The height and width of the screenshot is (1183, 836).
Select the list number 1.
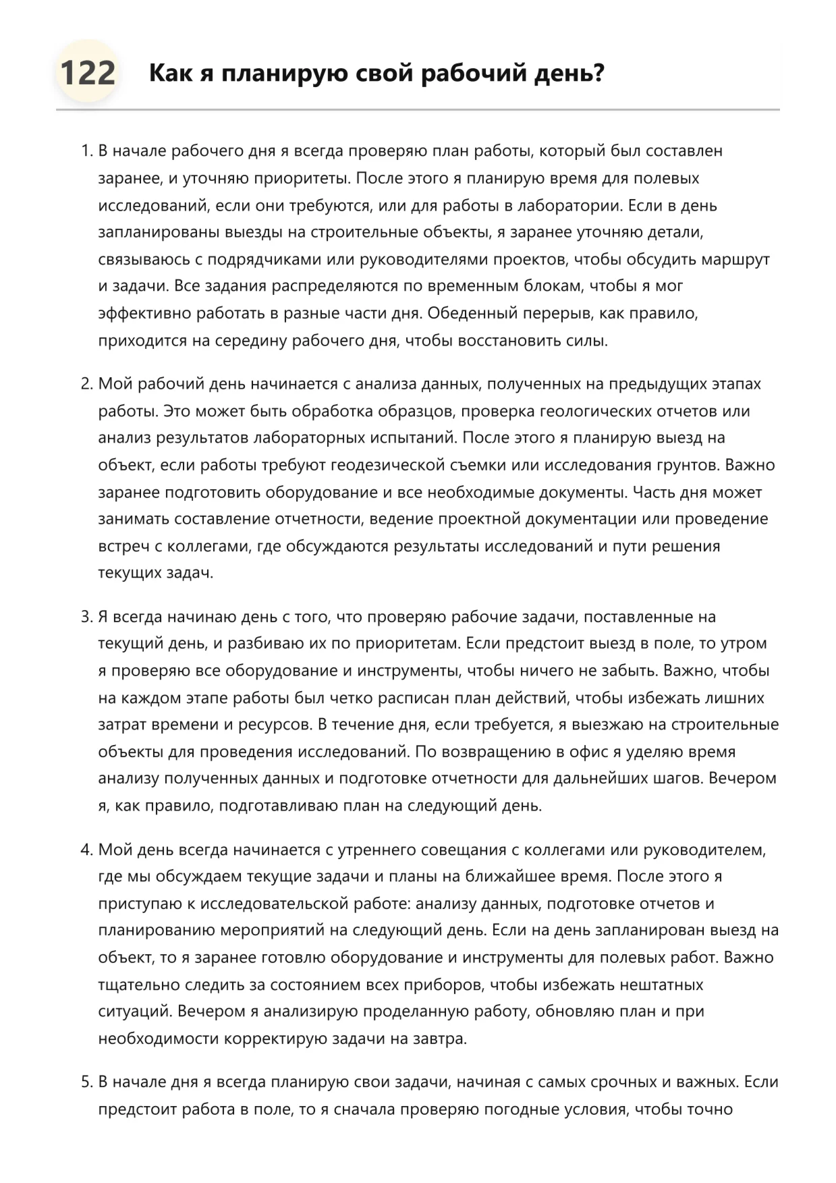[86, 151]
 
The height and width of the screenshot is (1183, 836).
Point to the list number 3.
[86, 617]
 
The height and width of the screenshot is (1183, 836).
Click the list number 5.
[86, 1082]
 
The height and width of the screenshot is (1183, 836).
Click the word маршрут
[735, 260]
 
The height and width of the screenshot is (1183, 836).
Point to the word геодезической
[395, 466]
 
